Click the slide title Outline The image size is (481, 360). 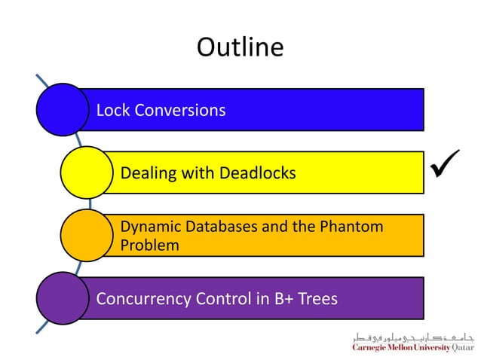click(240, 47)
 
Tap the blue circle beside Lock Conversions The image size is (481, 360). click(62, 109)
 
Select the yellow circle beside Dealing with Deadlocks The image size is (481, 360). click(87, 172)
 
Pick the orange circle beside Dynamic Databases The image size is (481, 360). click(87, 235)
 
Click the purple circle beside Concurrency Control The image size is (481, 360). click(62, 298)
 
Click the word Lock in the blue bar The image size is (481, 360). click(112, 110)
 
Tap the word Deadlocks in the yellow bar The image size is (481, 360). click(257, 173)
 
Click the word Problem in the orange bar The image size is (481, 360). click(149, 245)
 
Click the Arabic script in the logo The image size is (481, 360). click(412, 337)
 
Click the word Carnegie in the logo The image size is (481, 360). click(371, 348)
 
